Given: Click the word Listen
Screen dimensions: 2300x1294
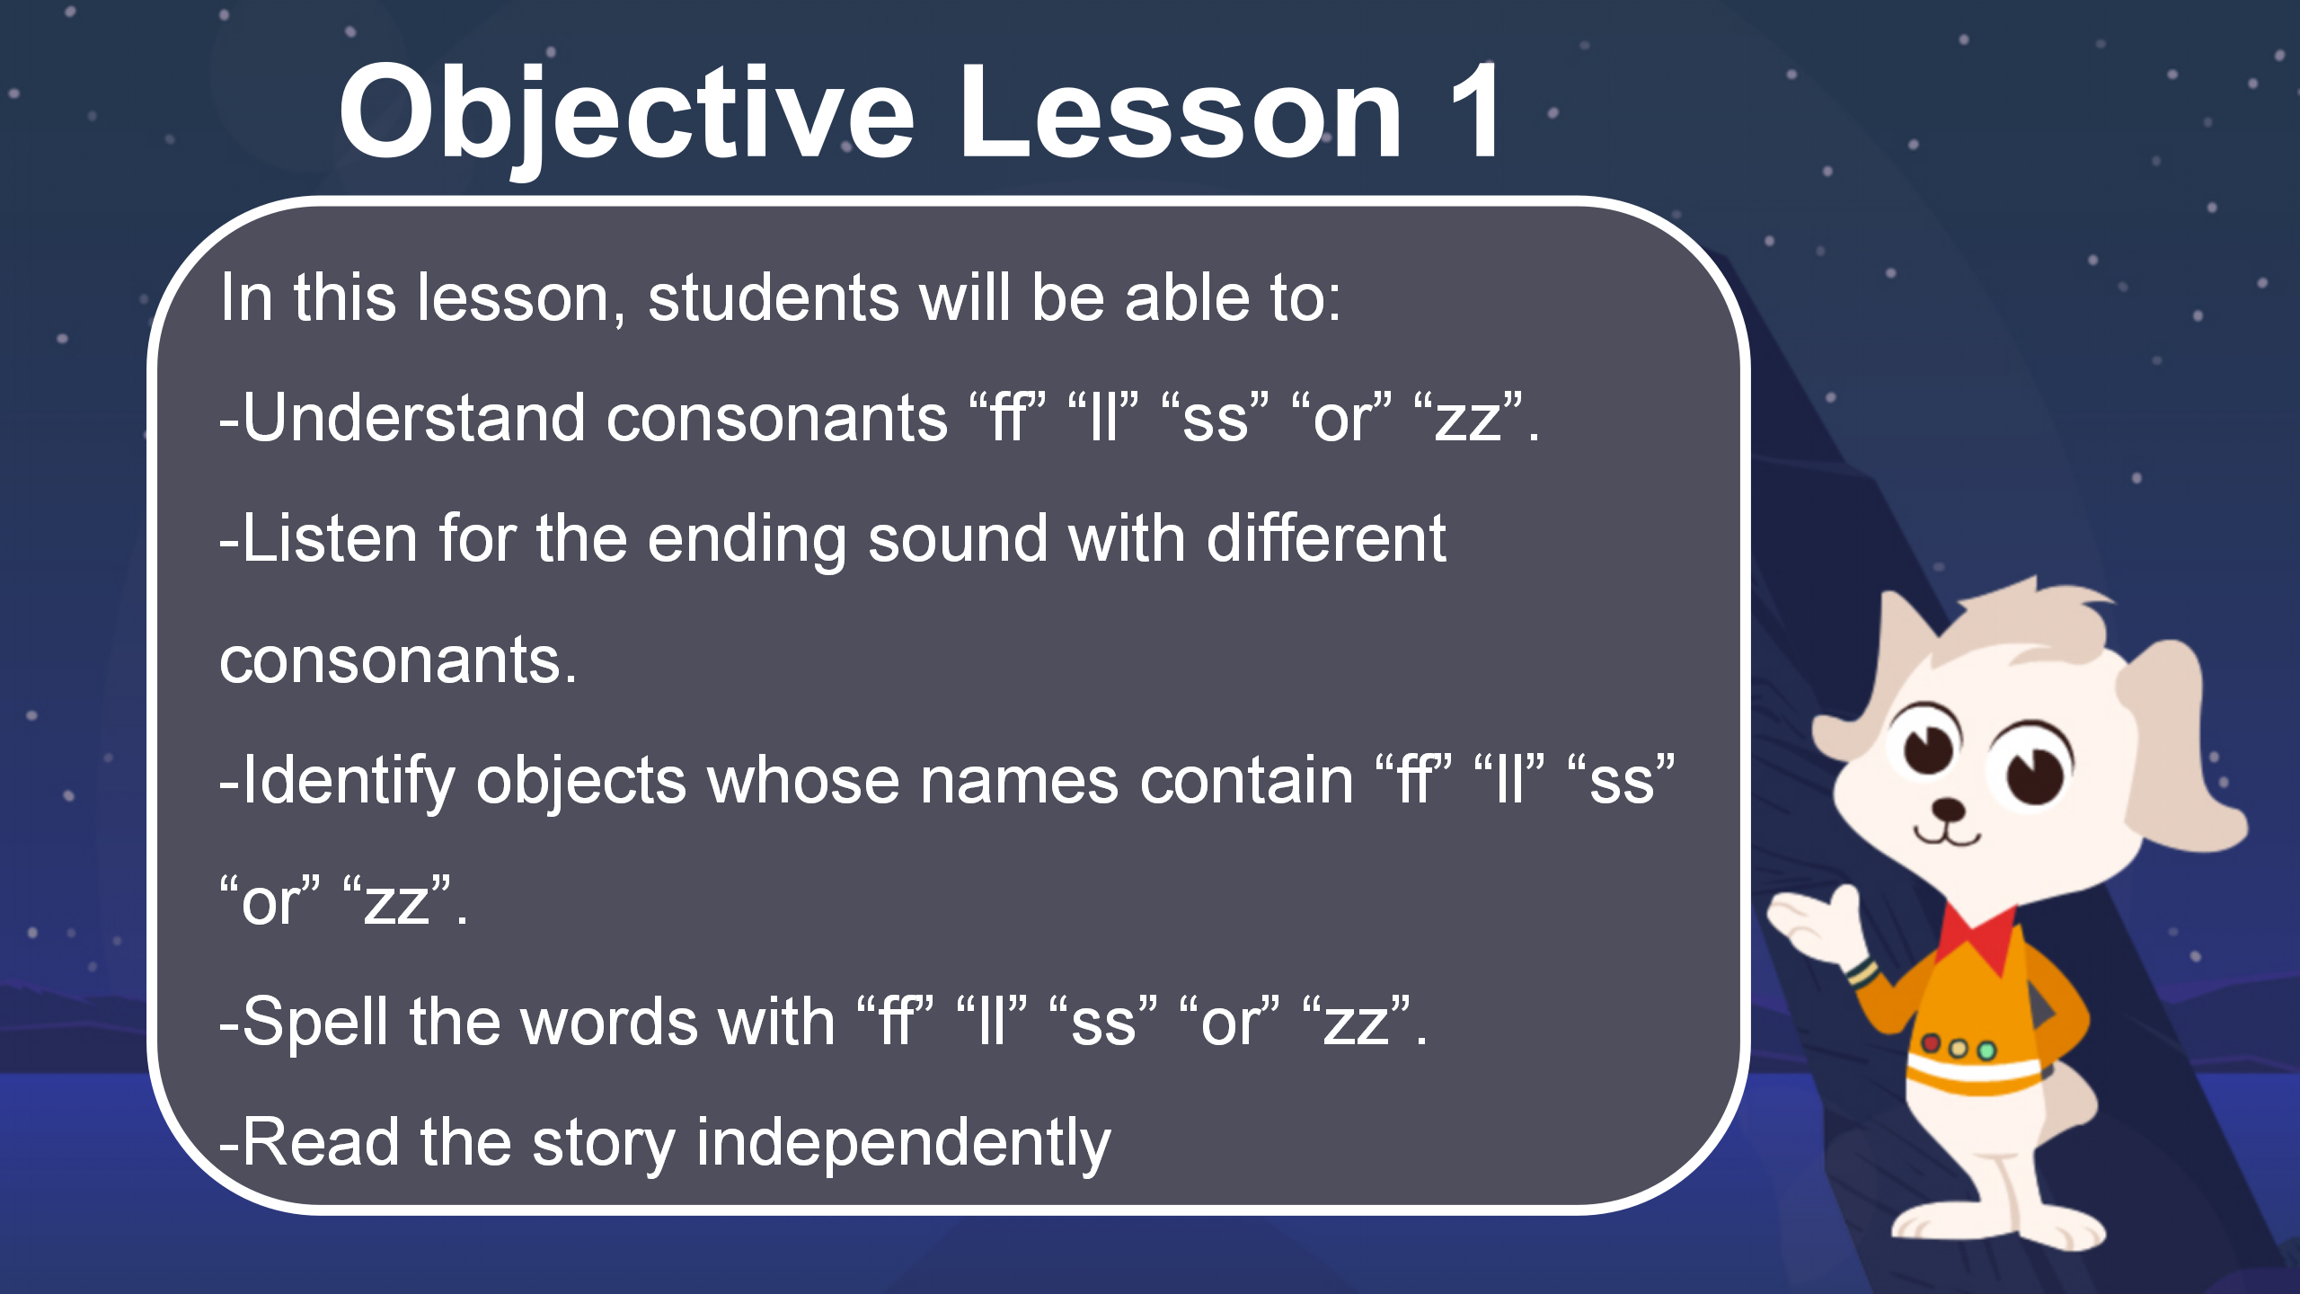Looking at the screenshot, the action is (330, 538).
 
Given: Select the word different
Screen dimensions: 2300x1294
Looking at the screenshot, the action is (1326, 538).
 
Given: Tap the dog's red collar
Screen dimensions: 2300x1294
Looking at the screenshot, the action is (1979, 939).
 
